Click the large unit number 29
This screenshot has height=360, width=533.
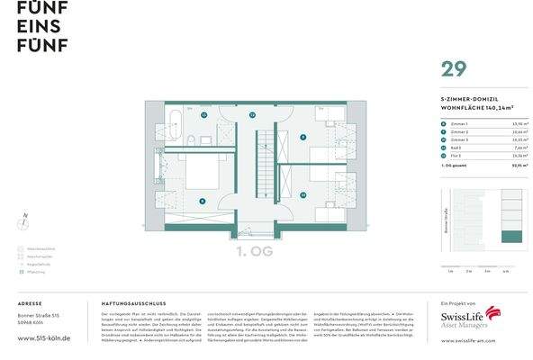click(x=452, y=68)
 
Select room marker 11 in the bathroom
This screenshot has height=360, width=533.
click(x=203, y=116)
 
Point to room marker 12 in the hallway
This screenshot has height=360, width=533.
click(x=253, y=116)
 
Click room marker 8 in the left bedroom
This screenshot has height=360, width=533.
click(x=203, y=201)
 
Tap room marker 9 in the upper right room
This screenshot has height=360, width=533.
click(x=303, y=137)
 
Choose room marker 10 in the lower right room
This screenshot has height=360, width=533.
click(x=303, y=193)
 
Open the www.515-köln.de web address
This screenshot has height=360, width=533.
click(x=43, y=338)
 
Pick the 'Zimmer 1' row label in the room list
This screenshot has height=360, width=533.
click(x=459, y=122)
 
